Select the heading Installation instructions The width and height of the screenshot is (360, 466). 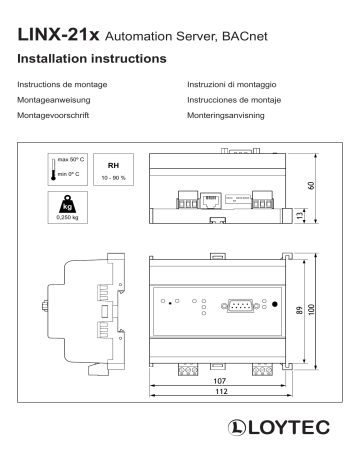(x=91, y=60)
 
